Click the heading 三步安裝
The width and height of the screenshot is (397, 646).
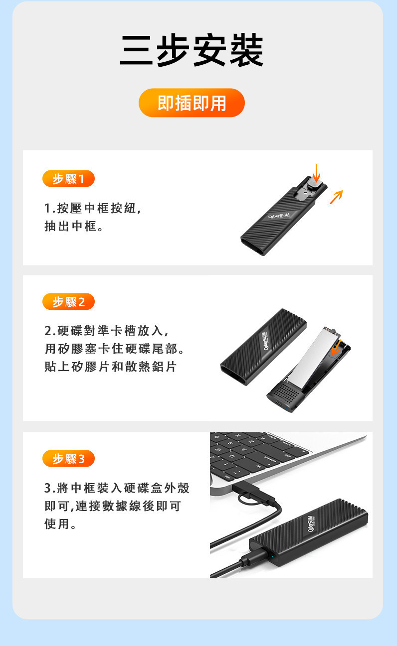click(x=192, y=50)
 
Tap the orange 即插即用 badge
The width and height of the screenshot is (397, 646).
click(x=192, y=103)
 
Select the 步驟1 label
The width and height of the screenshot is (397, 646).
click(x=68, y=178)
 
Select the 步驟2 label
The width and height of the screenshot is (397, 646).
click(x=68, y=302)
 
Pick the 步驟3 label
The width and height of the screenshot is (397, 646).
click(x=68, y=458)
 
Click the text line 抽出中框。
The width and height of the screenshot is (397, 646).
click(x=74, y=226)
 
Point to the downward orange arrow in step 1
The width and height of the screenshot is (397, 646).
click(x=316, y=173)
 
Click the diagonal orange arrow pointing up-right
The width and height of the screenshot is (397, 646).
click(x=336, y=197)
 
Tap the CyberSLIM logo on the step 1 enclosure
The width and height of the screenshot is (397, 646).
click(x=279, y=216)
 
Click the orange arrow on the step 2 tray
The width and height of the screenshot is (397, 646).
click(x=336, y=348)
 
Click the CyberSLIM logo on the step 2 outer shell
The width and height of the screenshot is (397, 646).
click(x=264, y=342)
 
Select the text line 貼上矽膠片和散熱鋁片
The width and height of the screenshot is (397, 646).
click(x=110, y=367)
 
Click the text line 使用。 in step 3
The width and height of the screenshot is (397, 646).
click(x=60, y=523)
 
